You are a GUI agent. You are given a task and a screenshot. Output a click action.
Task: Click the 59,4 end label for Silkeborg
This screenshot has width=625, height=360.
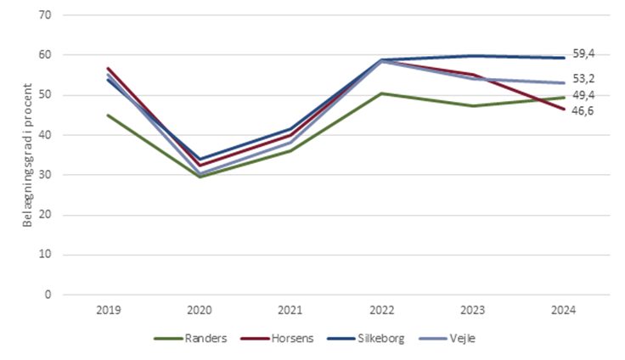tap(583, 53)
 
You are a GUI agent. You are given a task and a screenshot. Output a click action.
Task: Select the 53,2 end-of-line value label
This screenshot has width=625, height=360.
tap(583, 79)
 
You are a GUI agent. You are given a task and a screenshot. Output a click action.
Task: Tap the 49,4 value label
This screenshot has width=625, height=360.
tap(583, 97)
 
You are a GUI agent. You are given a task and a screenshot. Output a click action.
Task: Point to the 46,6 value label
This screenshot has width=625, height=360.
tap(583, 110)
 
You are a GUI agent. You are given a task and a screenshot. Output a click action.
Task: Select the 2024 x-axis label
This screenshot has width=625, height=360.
tap(562, 311)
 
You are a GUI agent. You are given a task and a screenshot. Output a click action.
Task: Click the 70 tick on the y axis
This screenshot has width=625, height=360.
tap(45, 15)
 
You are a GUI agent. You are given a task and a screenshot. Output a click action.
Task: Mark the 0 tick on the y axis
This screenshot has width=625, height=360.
tap(48, 295)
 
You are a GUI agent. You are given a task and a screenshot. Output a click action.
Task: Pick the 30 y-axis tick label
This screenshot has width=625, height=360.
tap(45, 175)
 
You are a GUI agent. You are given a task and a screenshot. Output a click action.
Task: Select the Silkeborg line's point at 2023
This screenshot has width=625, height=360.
tap(471, 56)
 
